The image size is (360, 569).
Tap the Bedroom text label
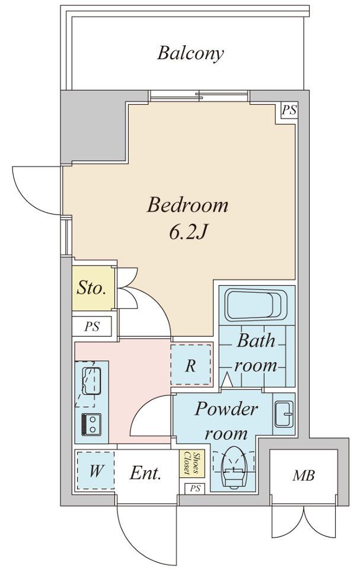click(x=188, y=206)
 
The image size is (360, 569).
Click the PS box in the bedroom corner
click(x=288, y=110)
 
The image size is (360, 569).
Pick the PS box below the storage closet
click(x=92, y=327)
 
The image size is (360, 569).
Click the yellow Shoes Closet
click(x=189, y=463)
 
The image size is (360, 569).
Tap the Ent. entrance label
click(x=146, y=473)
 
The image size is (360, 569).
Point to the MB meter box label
click(x=303, y=475)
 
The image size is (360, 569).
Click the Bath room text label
click(x=256, y=353)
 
